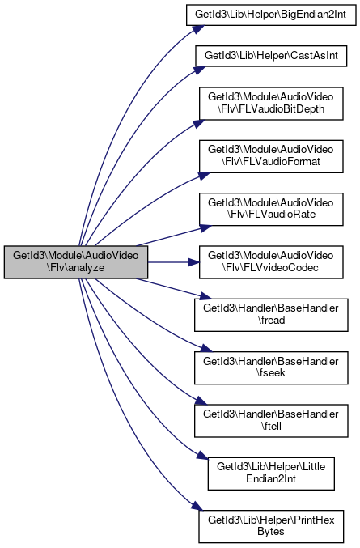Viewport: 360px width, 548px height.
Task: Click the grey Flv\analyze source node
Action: click(76, 262)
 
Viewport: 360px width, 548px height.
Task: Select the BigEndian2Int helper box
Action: click(271, 15)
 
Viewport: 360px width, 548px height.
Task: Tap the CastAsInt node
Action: click(271, 56)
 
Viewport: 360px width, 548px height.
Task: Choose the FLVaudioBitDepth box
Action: click(271, 104)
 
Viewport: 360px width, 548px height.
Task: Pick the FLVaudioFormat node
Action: click(271, 156)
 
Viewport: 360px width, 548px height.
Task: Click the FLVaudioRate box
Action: click(271, 209)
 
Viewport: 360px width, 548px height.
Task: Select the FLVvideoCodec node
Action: click(271, 262)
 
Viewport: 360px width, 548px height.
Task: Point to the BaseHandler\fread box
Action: click(271, 315)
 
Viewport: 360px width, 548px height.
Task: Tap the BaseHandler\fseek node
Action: click(271, 367)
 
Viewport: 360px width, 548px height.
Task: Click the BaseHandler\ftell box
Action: click(271, 421)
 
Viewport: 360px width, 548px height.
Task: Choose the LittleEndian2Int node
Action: click(271, 474)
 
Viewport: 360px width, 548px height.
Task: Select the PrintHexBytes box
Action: click(271, 526)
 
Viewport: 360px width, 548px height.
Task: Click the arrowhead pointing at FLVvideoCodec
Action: click(194, 262)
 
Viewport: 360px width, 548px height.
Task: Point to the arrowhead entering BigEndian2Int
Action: click(198, 29)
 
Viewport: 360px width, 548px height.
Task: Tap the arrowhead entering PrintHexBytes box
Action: click(197, 507)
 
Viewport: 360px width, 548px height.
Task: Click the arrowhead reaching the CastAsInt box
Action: click(200, 70)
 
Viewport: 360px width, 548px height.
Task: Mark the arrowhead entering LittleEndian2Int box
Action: click(202, 455)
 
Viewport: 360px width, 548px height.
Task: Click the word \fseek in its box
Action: click(271, 373)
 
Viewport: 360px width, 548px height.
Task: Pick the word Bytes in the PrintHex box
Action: click(271, 532)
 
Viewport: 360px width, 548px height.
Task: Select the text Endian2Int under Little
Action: click(271, 479)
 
